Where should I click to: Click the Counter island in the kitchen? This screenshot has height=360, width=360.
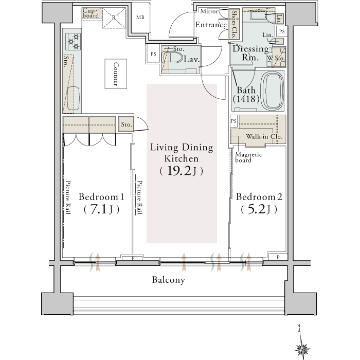pyautogui.click(x=116, y=74)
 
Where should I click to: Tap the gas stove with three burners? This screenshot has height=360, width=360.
pyautogui.click(x=73, y=42)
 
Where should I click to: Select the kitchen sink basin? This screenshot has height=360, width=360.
pyautogui.click(x=73, y=98)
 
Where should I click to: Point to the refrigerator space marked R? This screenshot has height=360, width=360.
pyautogui.click(x=114, y=18)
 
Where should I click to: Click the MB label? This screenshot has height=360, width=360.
pyautogui.click(x=140, y=17)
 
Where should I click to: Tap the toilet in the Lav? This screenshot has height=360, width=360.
pyautogui.click(x=172, y=58)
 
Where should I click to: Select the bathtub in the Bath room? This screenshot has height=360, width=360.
pyautogui.click(x=272, y=91)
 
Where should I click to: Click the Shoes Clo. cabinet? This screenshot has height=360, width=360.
pyautogui.click(x=234, y=24)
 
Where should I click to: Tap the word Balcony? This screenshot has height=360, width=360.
pyautogui.click(x=169, y=280)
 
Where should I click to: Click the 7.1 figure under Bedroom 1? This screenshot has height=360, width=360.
pyautogui.click(x=99, y=209)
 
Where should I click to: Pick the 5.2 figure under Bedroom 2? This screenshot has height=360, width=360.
pyautogui.click(x=256, y=209)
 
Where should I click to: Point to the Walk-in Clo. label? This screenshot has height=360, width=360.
pyautogui.click(x=264, y=137)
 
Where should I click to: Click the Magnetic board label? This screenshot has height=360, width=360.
pyautogui.click(x=248, y=157)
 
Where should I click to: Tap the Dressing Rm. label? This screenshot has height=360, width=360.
pyautogui.click(x=250, y=53)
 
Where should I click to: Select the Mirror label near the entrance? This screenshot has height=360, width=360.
pyautogui.click(x=209, y=11)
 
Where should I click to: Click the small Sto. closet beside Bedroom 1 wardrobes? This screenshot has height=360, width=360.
pyautogui.click(x=127, y=124)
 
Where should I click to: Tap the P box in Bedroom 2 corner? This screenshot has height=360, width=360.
pyautogui.click(x=278, y=257)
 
